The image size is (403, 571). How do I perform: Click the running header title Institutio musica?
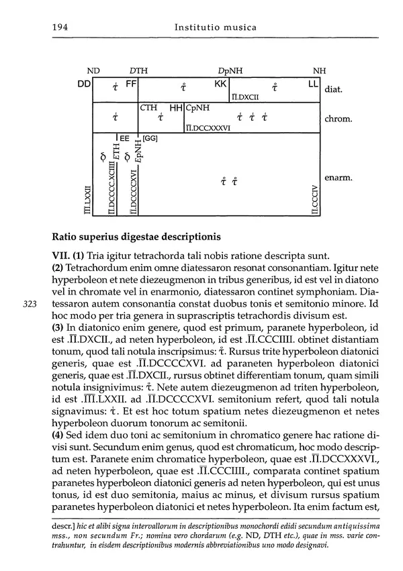click(216, 28)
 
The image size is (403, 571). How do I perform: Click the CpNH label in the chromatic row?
click(197, 107)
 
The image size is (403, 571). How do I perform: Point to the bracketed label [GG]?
click(150, 138)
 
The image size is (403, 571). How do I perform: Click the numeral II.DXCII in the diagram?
click(246, 97)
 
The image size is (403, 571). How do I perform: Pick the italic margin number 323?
click(30, 303)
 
